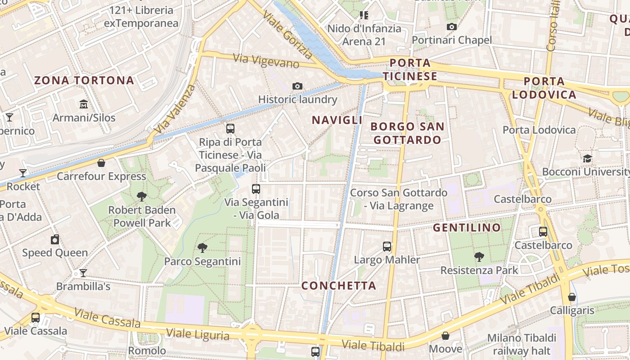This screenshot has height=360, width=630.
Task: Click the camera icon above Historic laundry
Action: pyautogui.click(x=297, y=86)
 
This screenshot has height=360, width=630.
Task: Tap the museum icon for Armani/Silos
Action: pyautogui.click(x=84, y=104)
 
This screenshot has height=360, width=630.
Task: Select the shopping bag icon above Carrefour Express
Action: pyautogui.click(x=101, y=162)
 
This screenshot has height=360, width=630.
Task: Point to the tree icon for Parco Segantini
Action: pyautogui.click(x=202, y=247)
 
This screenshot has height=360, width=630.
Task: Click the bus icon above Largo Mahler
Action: pyautogui.click(x=387, y=246)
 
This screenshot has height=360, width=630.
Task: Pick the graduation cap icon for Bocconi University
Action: pyautogui.click(x=587, y=158)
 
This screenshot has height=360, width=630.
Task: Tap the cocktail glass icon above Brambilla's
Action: pyautogui.click(x=83, y=273)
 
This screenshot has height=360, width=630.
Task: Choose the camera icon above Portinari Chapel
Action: pyautogui.click(x=452, y=27)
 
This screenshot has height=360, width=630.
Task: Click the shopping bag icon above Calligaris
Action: pyautogui.click(x=571, y=297)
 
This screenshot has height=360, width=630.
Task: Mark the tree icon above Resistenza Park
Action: pyautogui.click(x=479, y=257)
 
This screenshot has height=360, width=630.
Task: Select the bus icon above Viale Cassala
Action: pyautogui.click(x=36, y=317)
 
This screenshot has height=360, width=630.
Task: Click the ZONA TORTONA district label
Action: pyautogui.click(x=84, y=81)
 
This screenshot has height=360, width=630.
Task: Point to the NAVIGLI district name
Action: pyautogui.click(x=337, y=120)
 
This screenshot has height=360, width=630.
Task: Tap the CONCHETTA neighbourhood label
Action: pyautogui.click(x=338, y=286)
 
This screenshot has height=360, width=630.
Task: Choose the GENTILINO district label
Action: pyautogui.click(x=467, y=228)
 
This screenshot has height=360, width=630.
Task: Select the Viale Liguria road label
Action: pyautogui.click(x=198, y=334)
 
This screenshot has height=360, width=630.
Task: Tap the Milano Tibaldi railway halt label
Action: pyautogui.click(x=522, y=344)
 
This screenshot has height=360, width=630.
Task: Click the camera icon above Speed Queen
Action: pyautogui.click(x=55, y=239)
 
